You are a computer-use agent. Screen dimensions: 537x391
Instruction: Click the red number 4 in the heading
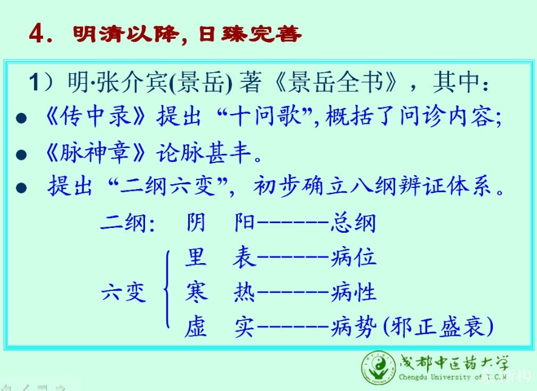[x=36, y=33]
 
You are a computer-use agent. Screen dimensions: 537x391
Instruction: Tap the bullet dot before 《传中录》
[x=21, y=118]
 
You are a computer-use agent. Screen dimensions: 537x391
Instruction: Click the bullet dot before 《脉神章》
[x=21, y=155]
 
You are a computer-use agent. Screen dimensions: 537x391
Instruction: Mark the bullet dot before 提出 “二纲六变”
[x=21, y=188]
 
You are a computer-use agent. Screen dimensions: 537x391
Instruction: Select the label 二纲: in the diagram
[x=128, y=223]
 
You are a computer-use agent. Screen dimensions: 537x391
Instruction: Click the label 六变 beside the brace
[x=124, y=292]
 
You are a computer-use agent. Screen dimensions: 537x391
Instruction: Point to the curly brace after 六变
[x=167, y=289]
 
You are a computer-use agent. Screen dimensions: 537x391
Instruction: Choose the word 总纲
[x=353, y=222]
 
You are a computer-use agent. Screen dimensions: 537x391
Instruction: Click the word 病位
[x=353, y=257]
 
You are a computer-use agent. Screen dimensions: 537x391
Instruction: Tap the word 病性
[x=353, y=292]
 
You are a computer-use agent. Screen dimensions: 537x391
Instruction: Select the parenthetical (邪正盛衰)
[x=439, y=327]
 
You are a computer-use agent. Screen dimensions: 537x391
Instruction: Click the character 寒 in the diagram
[x=196, y=292]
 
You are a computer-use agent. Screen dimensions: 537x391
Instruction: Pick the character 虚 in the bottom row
[x=196, y=327]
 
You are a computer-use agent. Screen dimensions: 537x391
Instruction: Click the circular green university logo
[x=379, y=369]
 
